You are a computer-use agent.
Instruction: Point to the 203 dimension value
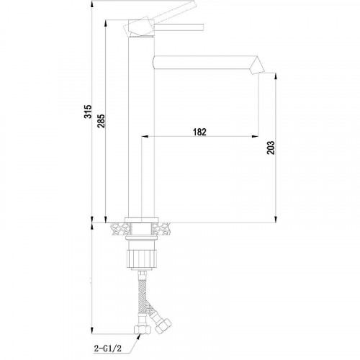coord(270,146)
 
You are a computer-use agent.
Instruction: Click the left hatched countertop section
coord(119,230)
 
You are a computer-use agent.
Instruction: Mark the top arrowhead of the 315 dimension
coord(93,9)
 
